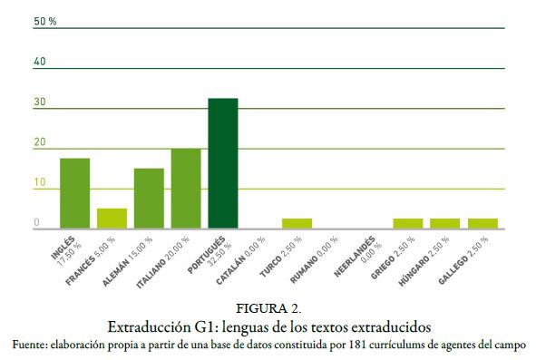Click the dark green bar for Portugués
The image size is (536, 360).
coord(222,163)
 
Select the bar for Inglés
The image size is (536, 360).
coord(74,193)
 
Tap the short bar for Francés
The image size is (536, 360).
coord(112,219)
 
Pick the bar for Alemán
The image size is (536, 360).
coord(149,199)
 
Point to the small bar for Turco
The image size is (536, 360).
coord(297,223)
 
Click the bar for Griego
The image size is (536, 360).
coord(407,223)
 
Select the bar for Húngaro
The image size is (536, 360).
coord(444,223)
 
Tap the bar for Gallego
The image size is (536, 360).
coord(482,223)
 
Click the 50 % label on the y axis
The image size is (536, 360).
coord(44,21)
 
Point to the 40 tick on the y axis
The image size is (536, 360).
coord(40,62)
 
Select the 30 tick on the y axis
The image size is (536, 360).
coord(40,102)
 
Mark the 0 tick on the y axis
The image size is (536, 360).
coord(37,223)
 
